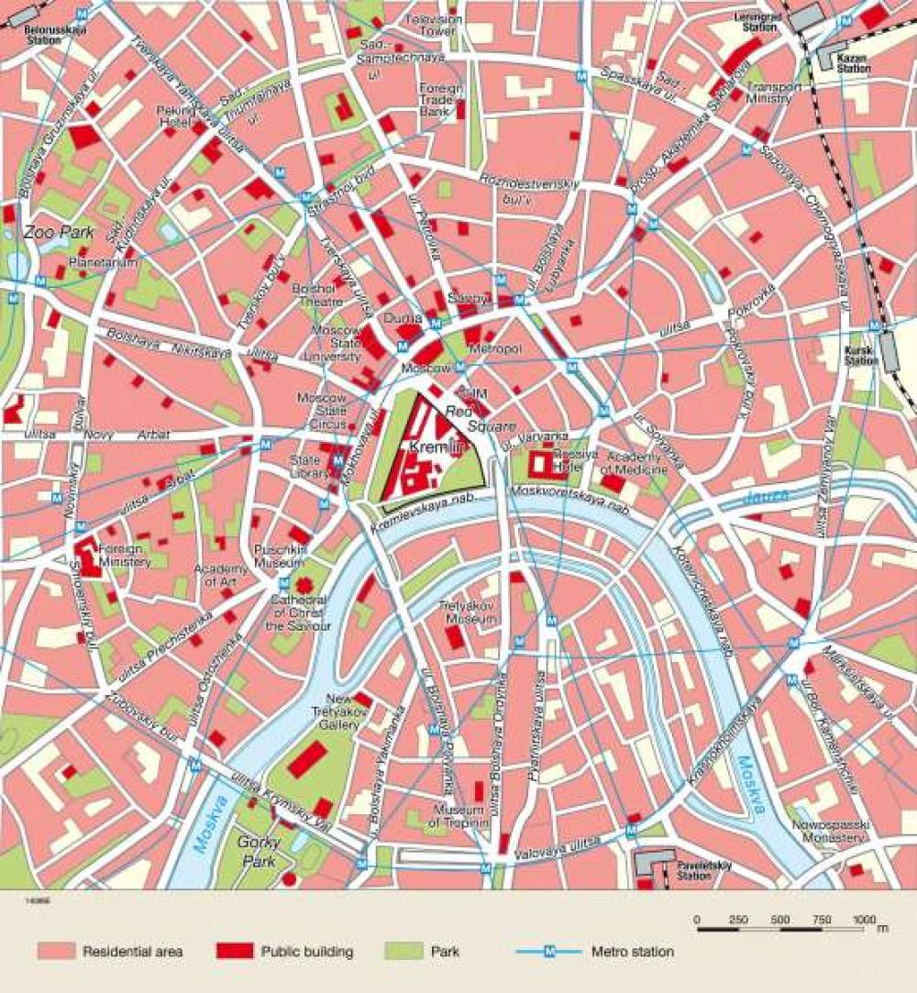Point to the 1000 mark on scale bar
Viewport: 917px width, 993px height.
[864, 920]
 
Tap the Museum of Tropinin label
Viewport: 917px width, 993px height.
[458, 816]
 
